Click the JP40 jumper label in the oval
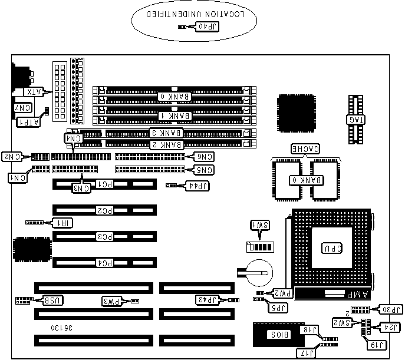coord(207,27)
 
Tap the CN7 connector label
coord(23,107)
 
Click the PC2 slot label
coord(104,210)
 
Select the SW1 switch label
coord(258,226)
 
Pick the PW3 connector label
coord(110,302)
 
